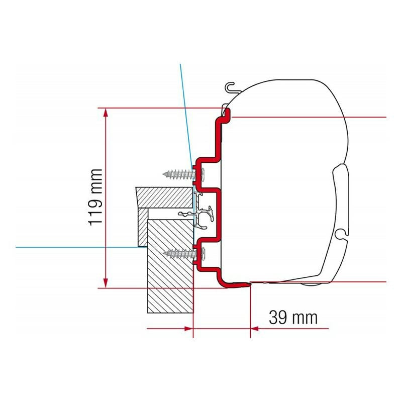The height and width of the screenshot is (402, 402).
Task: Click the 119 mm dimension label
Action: pyautogui.click(x=95, y=197)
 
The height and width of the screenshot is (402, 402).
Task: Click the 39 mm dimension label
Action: pyautogui.click(x=293, y=318)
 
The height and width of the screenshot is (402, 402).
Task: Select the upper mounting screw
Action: pyautogui.click(x=183, y=174)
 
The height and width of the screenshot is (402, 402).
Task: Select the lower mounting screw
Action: pyautogui.click(x=183, y=253)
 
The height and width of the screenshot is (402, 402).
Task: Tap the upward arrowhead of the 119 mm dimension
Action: pyautogui.click(x=106, y=113)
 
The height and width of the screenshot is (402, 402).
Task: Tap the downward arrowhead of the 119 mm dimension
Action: pyautogui.click(x=106, y=283)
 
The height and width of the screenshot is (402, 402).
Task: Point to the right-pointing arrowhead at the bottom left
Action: pyautogui.click(x=188, y=329)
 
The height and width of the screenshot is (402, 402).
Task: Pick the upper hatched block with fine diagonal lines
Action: pyautogui.click(x=164, y=197)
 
